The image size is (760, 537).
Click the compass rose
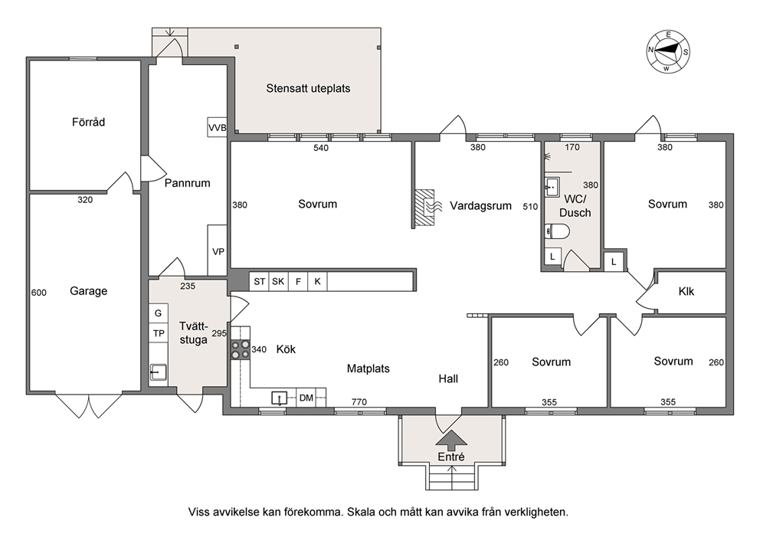(x=668, y=51)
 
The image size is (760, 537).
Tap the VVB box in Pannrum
(x=217, y=127)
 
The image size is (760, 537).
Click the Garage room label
(x=89, y=291)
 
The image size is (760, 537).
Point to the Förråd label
(x=88, y=122)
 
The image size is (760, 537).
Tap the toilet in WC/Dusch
(x=557, y=231)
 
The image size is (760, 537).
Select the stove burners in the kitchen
(x=241, y=349)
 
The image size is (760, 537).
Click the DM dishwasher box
(x=306, y=398)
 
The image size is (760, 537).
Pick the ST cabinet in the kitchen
(x=259, y=281)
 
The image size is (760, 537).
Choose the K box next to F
(x=317, y=281)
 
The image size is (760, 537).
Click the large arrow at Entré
(x=452, y=439)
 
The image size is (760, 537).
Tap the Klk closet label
(x=686, y=291)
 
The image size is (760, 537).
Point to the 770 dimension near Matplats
(x=359, y=401)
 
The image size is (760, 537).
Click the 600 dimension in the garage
(x=39, y=293)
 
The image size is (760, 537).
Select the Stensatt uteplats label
(x=308, y=88)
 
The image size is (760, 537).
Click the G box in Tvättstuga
(x=159, y=313)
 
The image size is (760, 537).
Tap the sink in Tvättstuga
(x=158, y=372)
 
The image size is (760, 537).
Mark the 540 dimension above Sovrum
(x=321, y=148)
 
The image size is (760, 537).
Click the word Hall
(x=448, y=378)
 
